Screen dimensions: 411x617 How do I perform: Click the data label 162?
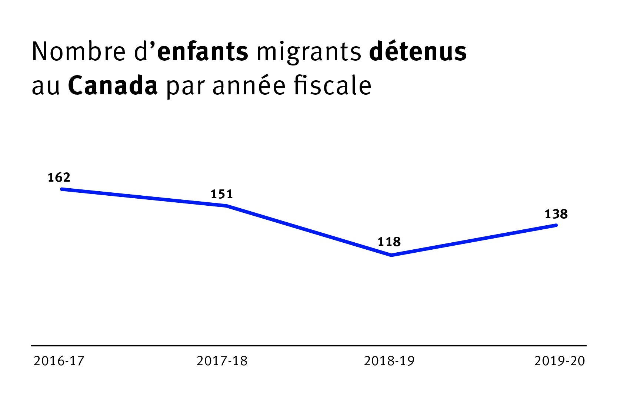point(59,178)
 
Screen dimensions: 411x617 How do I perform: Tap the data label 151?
point(222,194)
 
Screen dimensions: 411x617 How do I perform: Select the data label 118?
point(389,242)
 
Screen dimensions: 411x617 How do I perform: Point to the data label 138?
point(556,214)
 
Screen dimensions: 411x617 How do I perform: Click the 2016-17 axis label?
point(59,361)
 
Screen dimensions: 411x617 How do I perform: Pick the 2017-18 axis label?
point(222,361)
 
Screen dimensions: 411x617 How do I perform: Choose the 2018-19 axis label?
point(389,361)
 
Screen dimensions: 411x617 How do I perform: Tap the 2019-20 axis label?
point(559,361)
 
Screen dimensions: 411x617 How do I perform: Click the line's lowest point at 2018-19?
point(391,255)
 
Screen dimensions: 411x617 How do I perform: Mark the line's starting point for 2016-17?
point(62,189)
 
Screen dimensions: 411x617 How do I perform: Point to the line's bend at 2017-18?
point(226,206)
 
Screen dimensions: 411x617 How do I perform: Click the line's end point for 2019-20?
point(556,225)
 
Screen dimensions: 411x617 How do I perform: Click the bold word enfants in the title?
point(203,51)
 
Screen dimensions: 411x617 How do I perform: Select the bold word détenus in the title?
point(418,51)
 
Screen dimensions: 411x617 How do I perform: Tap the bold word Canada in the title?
point(113,86)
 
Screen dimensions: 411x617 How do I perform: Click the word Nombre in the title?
point(79,51)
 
